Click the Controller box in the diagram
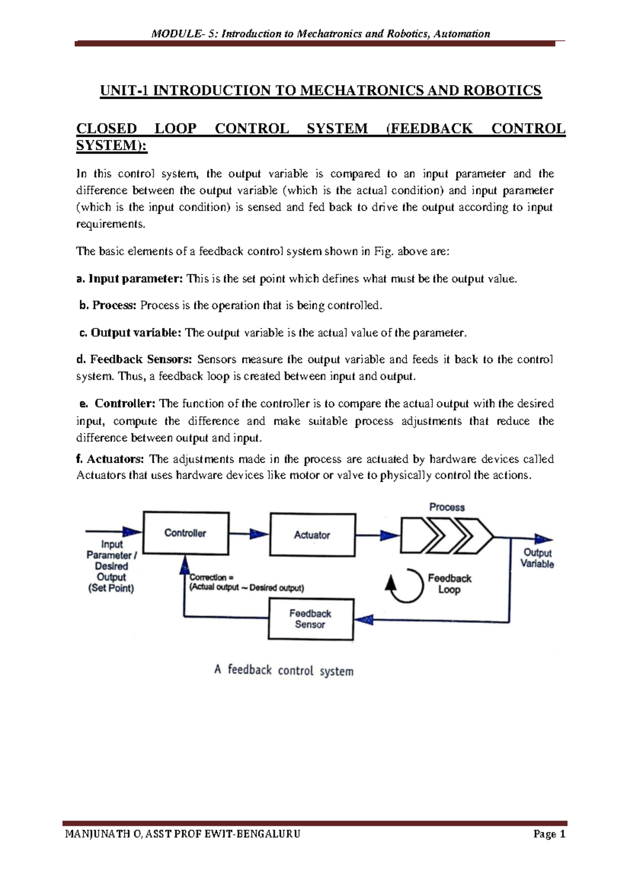pyautogui.click(x=186, y=533)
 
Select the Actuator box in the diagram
pyautogui.click(x=312, y=535)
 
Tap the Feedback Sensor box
pyautogui.click(x=310, y=619)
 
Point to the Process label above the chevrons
pyautogui.click(x=447, y=507)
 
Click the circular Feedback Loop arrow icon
pyautogui.click(x=405, y=585)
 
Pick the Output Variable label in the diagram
pyautogui.click(x=537, y=558)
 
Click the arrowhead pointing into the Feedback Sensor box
pyautogui.click(x=364, y=620)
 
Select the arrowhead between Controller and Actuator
pyautogui.click(x=259, y=534)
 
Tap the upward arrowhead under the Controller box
pyautogui.click(x=184, y=564)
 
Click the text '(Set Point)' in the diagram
pyautogui.click(x=111, y=588)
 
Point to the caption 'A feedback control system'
pyautogui.click(x=283, y=671)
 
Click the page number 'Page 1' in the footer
pyautogui.click(x=549, y=834)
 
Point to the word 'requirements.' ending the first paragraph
pyautogui.click(x=110, y=224)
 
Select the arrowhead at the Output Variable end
pyautogui.click(x=543, y=539)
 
